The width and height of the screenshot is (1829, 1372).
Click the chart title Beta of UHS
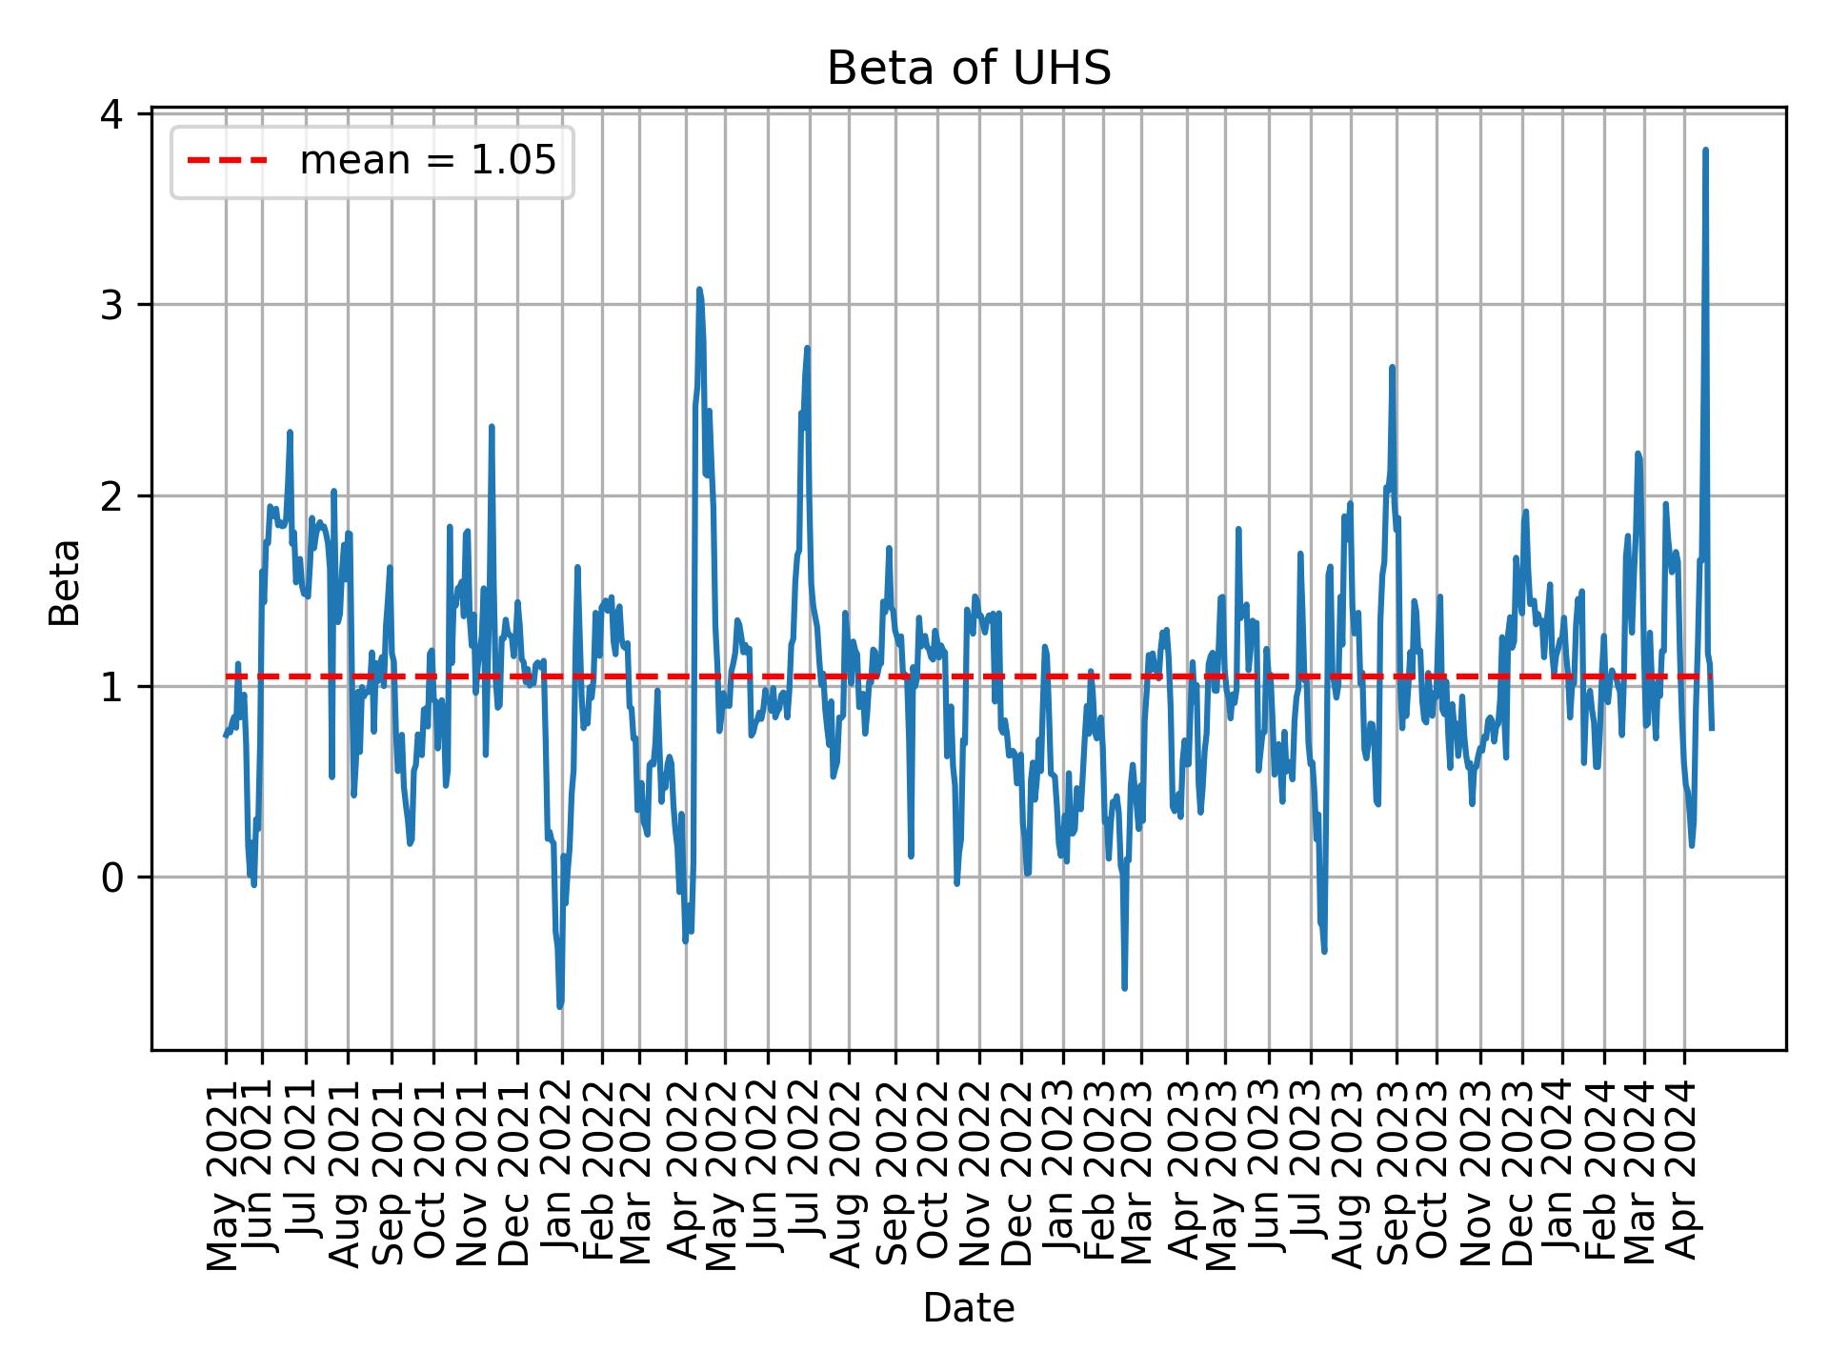click(x=968, y=70)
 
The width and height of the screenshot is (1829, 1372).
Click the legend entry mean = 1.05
click(x=427, y=162)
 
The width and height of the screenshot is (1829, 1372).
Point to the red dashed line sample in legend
click(x=227, y=162)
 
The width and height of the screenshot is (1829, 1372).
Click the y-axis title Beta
click(x=65, y=582)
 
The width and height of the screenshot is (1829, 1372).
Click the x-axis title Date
click(x=968, y=1309)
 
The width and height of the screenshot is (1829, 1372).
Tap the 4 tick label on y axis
click(x=113, y=114)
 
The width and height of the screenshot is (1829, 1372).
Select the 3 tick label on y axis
click(x=113, y=305)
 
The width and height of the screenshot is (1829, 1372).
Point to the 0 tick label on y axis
click(x=113, y=877)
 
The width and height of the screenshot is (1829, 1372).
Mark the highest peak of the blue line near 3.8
click(x=1705, y=151)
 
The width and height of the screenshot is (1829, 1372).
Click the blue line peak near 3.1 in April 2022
click(x=699, y=290)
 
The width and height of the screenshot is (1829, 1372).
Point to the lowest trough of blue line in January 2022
click(x=560, y=1006)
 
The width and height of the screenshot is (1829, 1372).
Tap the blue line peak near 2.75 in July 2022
click(x=807, y=349)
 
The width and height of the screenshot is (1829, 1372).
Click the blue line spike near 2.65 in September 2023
click(x=1392, y=368)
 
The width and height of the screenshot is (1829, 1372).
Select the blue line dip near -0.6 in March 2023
click(x=1125, y=988)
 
